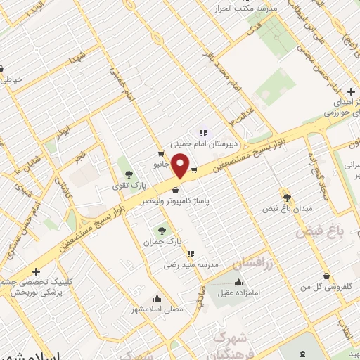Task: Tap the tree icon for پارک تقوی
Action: click(x=128, y=173)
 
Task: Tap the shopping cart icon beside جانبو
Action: click(x=162, y=153)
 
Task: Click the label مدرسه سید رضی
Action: click(x=182, y=265)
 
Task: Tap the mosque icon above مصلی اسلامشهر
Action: click(x=157, y=297)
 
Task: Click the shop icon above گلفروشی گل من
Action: click(x=325, y=276)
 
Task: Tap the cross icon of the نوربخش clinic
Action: click(x=36, y=271)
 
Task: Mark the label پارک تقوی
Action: click(x=127, y=186)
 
